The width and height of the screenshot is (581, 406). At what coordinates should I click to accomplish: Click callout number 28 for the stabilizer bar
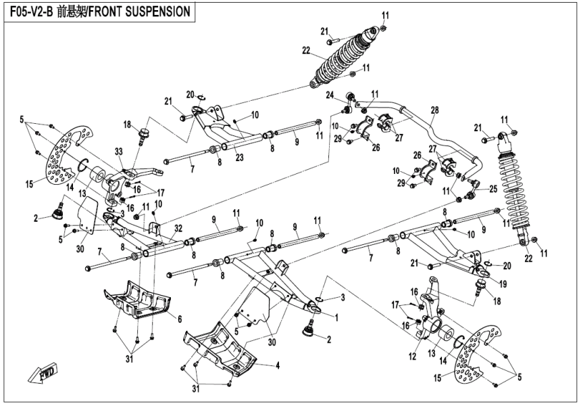(x=434, y=109)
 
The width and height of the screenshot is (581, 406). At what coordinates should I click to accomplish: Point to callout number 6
(x=179, y=319)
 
